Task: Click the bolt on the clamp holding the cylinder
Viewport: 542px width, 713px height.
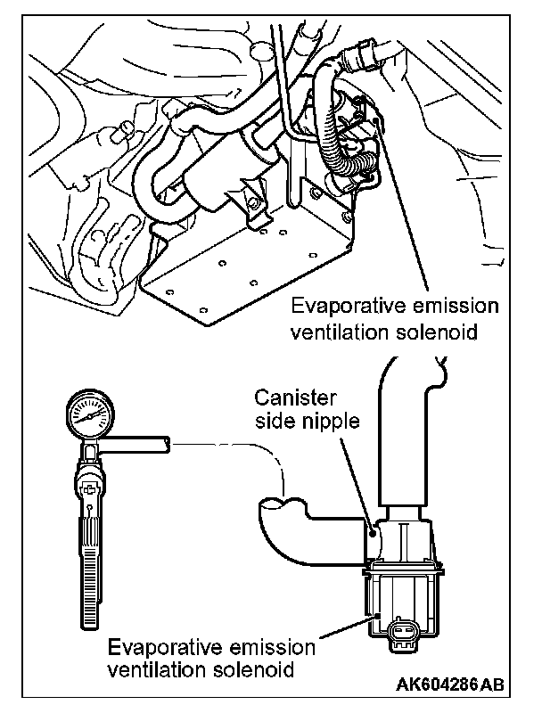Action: [256, 206]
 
